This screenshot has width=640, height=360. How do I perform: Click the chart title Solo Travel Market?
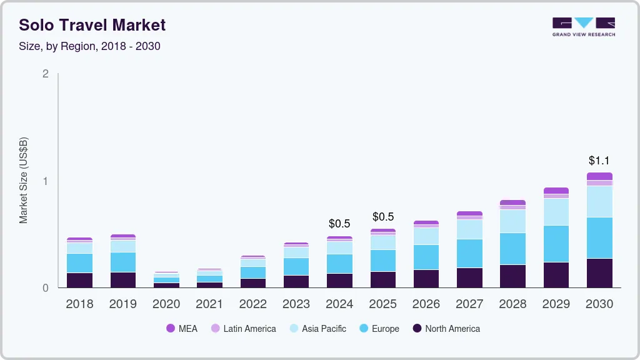[92, 25]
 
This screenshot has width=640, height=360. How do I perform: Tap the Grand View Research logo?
[583, 27]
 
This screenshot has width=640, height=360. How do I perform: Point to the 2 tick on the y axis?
[45, 74]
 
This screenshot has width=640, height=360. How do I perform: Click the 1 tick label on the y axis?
[45, 181]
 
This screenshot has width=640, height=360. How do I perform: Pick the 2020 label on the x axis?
[166, 304]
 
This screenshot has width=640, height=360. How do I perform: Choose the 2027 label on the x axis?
[469, 304]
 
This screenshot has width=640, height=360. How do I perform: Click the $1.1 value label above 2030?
[599, 161]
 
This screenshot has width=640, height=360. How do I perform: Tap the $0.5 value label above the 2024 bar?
[339, 224]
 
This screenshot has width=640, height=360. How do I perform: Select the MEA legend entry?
[181, 329]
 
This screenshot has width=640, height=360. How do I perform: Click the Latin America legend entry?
[243, 329]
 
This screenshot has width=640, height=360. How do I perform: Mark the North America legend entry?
[446, 329]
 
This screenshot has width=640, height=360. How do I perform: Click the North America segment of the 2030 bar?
[599, 273]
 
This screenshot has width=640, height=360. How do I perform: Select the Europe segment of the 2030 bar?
[599, 238]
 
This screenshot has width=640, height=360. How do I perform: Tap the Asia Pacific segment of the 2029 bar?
[556, 212]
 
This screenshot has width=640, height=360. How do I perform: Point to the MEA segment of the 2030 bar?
[599, 176]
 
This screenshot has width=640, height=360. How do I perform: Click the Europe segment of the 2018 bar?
[79, 263]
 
